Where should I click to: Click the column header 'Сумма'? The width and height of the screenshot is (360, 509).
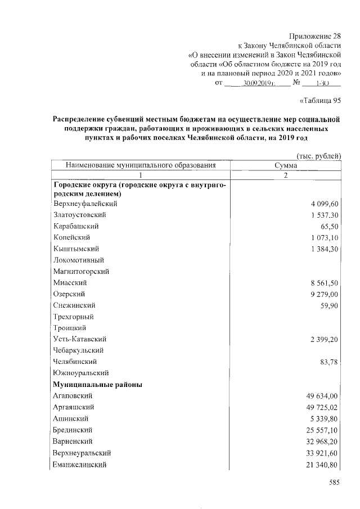pyautogui.click(x=285, y=166)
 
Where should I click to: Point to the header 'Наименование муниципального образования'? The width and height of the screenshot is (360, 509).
pyautogui.click(x=141, y=166)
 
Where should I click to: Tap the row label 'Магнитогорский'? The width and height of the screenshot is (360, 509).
pyautogui.click(x=81, y=271)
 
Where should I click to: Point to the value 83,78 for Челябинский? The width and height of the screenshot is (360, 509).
pyautogui.click(x=328, y=362)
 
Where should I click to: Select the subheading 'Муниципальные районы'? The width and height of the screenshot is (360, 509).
pyautogui.click(x=97, y=385)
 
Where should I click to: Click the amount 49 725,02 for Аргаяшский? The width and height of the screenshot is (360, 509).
pyautogui.click(x=318, y=407)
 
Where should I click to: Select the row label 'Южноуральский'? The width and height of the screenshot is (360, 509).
pyautogui.click(x=81, y=373)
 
